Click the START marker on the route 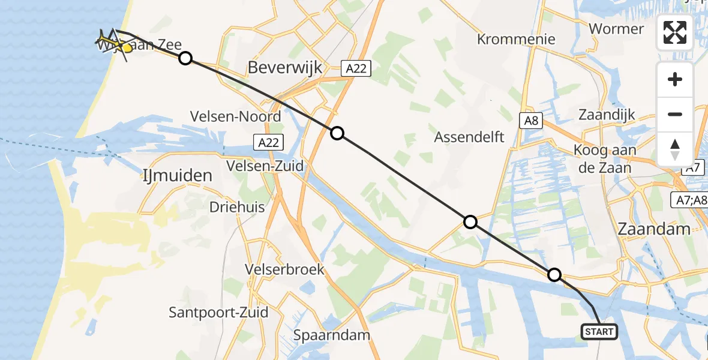point(599,332)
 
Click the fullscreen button point(675,32)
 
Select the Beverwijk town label point(285,68)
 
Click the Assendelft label point(469,137)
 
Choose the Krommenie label point(516,40)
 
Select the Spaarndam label point(332,335)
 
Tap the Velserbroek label point(285,269)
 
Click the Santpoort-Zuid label point(218,313)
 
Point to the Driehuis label point(237,207)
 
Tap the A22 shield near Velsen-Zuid point(268,142)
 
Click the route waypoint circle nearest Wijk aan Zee point(185,58)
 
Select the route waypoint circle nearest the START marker point(554,275)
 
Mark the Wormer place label point(616,29)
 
